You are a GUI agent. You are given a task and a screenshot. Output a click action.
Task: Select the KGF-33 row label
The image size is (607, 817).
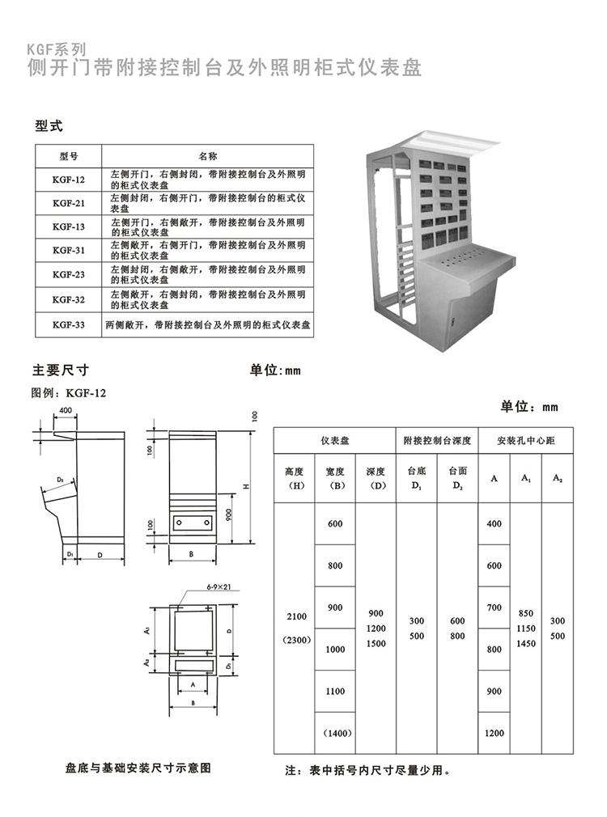pos(68,324)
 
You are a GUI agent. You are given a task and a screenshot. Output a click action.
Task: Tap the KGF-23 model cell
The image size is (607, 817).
pos(68,274)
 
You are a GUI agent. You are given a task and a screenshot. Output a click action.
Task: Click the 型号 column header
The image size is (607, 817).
pos(68,155)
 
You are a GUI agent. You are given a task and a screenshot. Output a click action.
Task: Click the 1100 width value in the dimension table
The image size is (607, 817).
pos(335,692)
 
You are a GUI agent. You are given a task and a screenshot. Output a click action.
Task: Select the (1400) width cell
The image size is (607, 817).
pos(335,733)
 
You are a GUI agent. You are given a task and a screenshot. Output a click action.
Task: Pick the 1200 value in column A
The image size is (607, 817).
pos(494,733)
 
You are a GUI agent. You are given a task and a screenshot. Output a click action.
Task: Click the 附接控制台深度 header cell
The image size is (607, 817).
pos(437,441)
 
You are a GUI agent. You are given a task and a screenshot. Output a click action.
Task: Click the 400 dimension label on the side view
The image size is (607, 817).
pos(65,411)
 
